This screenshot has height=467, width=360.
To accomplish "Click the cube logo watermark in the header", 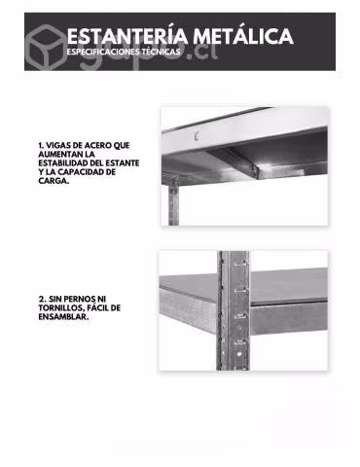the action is (46, 46).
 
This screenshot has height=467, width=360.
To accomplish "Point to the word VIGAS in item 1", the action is (57, 145).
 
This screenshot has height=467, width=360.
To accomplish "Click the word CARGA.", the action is (54, 181).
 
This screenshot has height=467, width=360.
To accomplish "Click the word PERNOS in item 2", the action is (85, 299).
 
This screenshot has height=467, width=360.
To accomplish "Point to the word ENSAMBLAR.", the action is (63, 317).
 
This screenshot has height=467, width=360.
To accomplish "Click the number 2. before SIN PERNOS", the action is (42, 299).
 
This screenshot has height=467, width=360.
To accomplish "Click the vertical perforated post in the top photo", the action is (173, 201).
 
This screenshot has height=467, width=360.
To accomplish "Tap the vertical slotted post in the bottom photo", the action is (234, 310).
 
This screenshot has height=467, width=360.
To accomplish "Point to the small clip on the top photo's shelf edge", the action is (196, 136).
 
